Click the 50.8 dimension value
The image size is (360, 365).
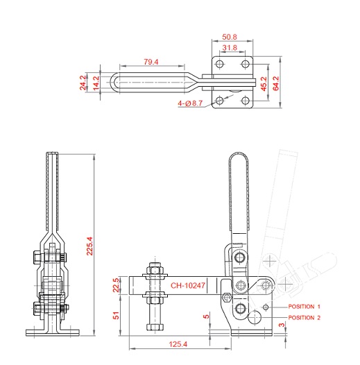(229, 37)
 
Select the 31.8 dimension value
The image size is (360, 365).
(230, 47)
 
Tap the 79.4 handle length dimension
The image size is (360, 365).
(151, 62)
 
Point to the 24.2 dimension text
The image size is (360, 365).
(83, 83)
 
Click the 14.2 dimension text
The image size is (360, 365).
(96, 83)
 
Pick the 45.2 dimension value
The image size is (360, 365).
(264, 84)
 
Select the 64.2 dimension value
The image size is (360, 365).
(276, 83)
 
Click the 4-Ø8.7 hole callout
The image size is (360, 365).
(190, 103)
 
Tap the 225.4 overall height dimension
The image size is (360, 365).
(89, 246)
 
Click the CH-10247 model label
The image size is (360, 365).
(188, 285)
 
